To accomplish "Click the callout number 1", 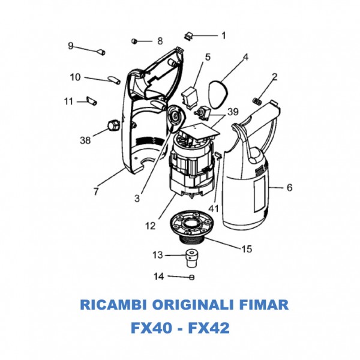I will point(223,35).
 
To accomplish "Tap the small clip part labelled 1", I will point(188,35).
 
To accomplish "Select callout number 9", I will point(70,46).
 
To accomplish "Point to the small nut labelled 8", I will point(135,41).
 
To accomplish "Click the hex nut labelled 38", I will point(112,125).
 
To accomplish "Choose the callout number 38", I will point(85,140).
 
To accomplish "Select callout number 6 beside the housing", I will point(289,188).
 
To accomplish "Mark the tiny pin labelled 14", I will point(191,277).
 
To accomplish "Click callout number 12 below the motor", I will point(150,226).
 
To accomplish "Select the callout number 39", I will point(233,112).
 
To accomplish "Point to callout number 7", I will point(96,191).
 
